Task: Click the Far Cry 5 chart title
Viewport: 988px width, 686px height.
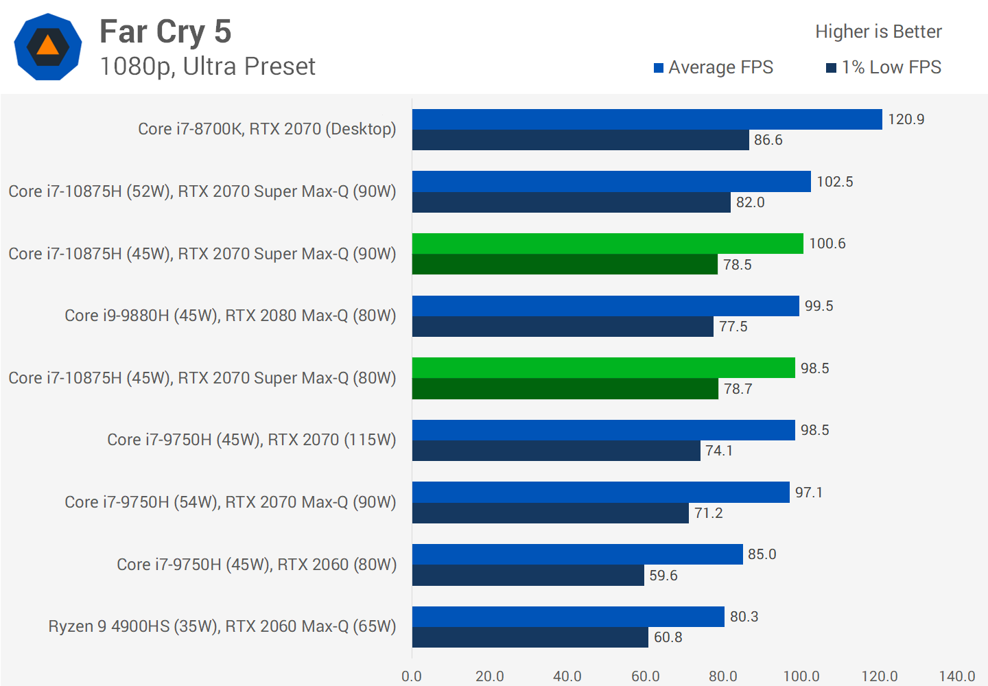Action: coord(165,32)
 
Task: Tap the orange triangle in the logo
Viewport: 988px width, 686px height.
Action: coord(48,46)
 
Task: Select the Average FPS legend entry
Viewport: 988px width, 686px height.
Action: coord(714,67)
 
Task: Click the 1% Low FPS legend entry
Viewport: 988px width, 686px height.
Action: coord(884,67)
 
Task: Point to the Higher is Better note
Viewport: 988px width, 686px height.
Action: coord(878,32)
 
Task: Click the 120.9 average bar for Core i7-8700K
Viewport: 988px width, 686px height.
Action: coord(647,119)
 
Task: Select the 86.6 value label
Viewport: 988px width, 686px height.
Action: coord(768,140)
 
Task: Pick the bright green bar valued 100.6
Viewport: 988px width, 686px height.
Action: coord(607,244)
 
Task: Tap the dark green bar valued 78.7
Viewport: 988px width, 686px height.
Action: coord(565,389)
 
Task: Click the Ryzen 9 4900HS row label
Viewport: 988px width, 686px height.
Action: coord(222,626)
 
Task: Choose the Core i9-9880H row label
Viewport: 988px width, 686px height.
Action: coord(231,316)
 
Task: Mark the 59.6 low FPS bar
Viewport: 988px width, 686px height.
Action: coord(528,576)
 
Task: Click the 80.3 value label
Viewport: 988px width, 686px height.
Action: coord(744,617)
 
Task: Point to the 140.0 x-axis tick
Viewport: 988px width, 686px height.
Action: coord(956,676)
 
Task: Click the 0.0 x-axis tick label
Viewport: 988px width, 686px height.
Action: coord(412,676)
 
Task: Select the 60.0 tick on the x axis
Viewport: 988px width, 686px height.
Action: coord(645,676)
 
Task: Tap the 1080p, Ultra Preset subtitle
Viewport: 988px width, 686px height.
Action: coord(207,67)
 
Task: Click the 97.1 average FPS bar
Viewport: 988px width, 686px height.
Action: coord(600,493)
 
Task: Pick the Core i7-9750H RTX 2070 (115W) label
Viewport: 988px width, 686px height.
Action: coord(252,440)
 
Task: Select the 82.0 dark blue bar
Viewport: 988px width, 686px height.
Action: coord(571,202)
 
